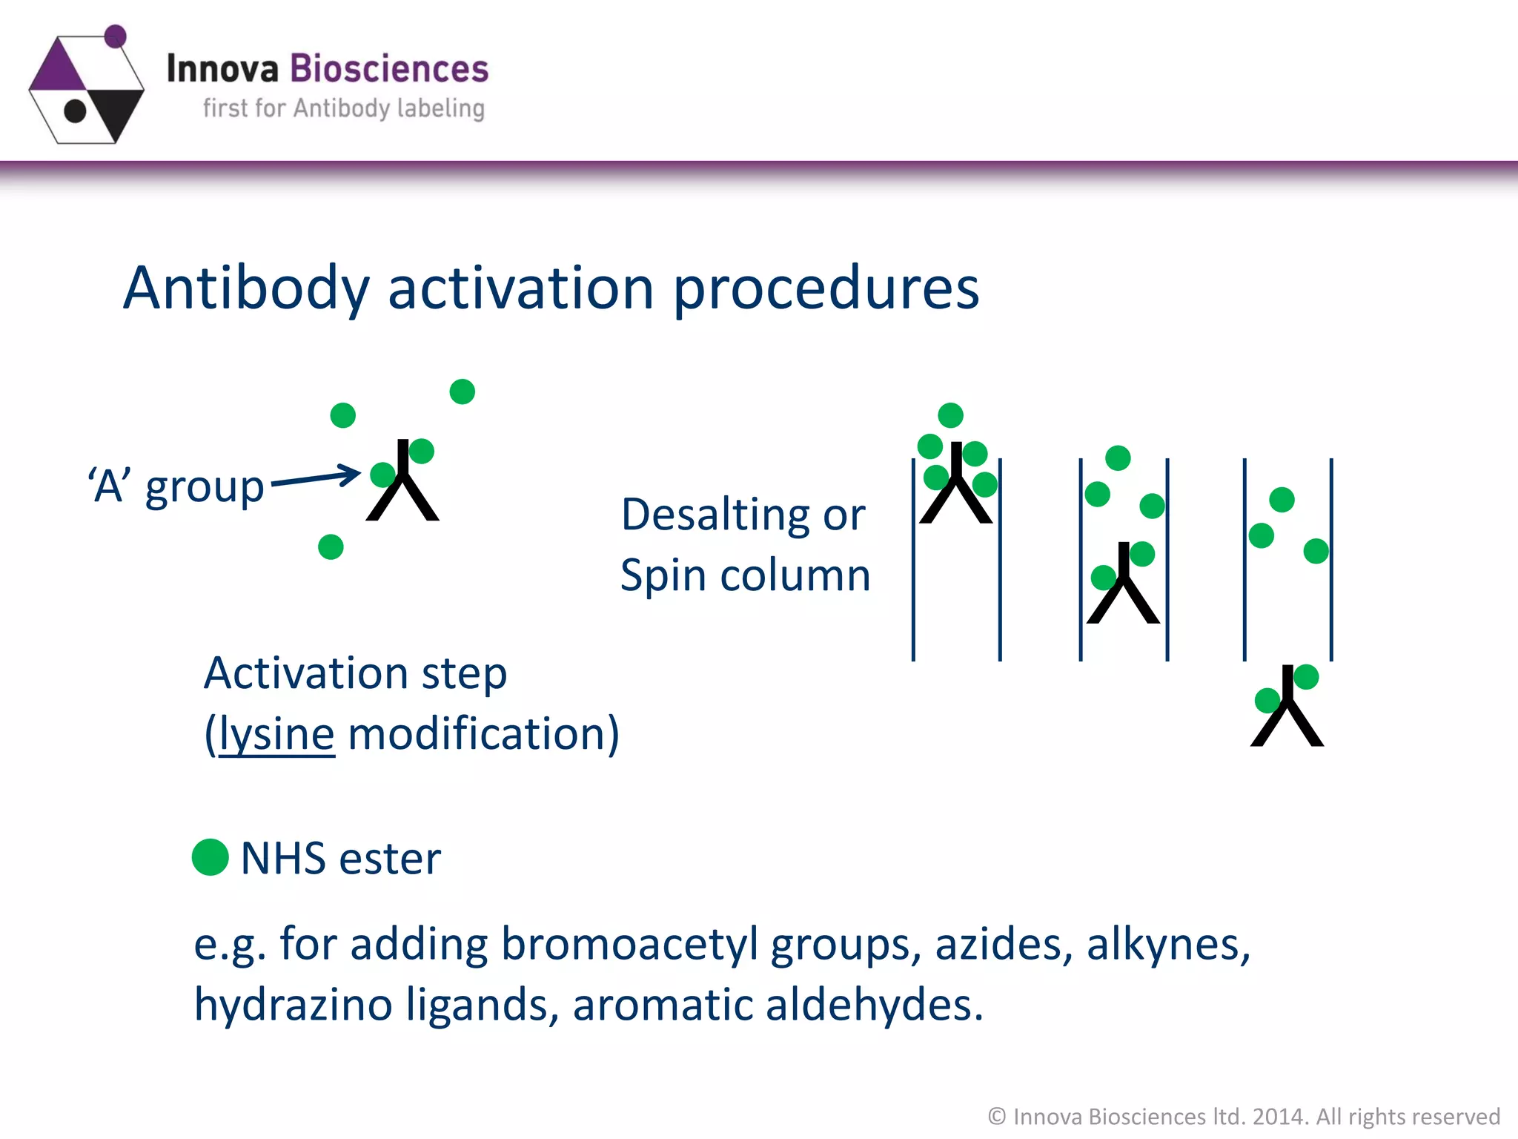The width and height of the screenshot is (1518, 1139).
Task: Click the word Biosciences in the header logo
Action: [388, 69]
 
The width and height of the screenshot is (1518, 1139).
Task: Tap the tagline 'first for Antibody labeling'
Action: [343, 108]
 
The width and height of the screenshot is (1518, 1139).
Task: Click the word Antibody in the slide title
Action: [245, 288]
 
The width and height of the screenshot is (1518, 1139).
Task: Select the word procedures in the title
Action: [826, 288]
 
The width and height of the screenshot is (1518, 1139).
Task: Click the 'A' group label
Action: [176, 487]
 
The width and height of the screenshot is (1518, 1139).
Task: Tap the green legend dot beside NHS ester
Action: [210, 857]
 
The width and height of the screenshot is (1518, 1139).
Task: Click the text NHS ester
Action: [340, 859]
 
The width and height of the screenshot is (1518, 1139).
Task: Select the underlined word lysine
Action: [276, 734]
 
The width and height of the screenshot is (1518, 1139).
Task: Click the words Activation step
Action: [355, 673]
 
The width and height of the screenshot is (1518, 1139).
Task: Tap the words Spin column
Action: [745, 575]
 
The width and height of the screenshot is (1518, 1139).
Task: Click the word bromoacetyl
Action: [629, 945]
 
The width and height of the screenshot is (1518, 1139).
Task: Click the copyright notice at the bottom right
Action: [1243, 1116]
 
